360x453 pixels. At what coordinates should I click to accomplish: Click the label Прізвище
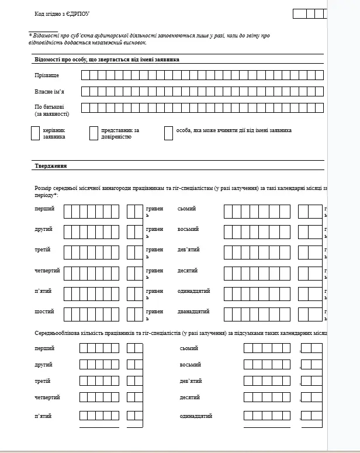click(47, 75)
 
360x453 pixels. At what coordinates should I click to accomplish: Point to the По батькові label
click(50, 107)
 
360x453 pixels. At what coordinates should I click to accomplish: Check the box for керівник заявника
click(34, 133)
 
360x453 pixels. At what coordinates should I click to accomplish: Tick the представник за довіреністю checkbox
click(94, 133)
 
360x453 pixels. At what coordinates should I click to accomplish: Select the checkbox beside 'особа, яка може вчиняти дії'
click(169, 133)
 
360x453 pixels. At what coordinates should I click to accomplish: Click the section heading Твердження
click(51, 166)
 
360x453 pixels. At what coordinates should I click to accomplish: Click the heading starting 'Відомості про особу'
click(107, 60)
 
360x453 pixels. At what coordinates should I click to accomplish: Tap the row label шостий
click(44, 312)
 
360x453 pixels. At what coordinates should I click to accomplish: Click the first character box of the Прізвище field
click(85, 75)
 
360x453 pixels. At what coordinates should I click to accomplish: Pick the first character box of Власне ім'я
click(85, 91)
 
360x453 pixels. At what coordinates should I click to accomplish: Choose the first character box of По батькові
click(85, 108)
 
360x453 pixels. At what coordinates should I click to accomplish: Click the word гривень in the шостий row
click(154, 314)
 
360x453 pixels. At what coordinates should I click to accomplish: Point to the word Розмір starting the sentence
click(44, 188)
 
